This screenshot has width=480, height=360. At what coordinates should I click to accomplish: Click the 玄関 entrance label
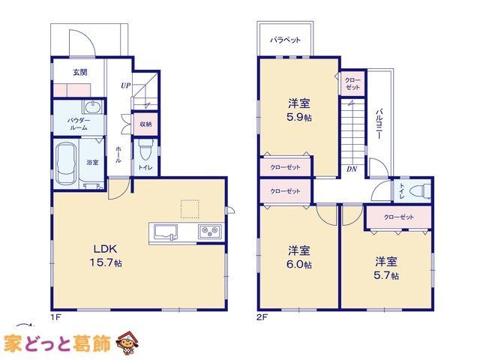click(x=80, y=72)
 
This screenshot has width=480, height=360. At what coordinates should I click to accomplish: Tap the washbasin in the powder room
click(x=93, y=107)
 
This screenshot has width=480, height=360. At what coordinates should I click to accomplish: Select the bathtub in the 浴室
click(x=65, y=163)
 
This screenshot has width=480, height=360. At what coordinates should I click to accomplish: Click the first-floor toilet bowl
click(x=145, y=149)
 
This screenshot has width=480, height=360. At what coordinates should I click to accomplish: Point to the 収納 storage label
click(x=145, y=124)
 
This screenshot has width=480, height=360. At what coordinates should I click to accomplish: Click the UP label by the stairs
click(x=125, y=85)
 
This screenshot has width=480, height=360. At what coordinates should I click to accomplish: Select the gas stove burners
click(x=210, y=232)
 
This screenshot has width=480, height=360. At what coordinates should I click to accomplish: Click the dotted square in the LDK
click(x=190, y=209)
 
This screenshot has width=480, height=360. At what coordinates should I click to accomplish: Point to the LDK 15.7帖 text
click(x=106, y=255)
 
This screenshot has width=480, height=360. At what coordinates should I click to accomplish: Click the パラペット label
click(x=285, y=40)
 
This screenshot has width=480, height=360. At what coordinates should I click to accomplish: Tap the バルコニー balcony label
click(x=379, y=124)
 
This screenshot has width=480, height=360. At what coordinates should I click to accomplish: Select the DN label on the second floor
click(x=352, y=169)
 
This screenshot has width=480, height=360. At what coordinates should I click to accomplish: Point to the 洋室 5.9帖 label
click(x=299, y=110)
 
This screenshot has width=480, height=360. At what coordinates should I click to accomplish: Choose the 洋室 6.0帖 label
click(x=299, y=257)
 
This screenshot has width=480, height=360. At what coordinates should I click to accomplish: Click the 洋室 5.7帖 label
click(x=386, y=268)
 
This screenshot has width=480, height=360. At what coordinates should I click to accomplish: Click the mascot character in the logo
click(x=127, y=343)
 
